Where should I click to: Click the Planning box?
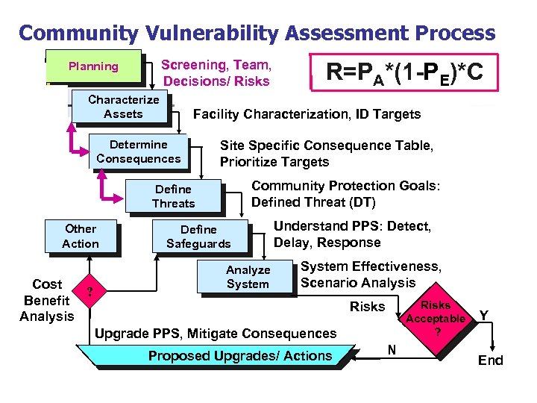pos(93,66)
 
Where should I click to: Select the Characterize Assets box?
pos(123,107)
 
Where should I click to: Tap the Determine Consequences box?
pos(138,151)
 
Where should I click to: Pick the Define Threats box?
pos(173,196)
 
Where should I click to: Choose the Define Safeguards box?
pos(198,237)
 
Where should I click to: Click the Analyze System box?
pos(248,277)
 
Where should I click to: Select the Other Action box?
pos(81,236)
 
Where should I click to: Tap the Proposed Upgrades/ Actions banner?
pos(239,356)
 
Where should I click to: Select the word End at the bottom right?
pos(490,360)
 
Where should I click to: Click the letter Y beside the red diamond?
pos(484,316)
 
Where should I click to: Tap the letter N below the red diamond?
pos(391,349)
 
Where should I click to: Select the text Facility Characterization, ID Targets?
pos(307,114)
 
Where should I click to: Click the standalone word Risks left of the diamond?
pos(367,306)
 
